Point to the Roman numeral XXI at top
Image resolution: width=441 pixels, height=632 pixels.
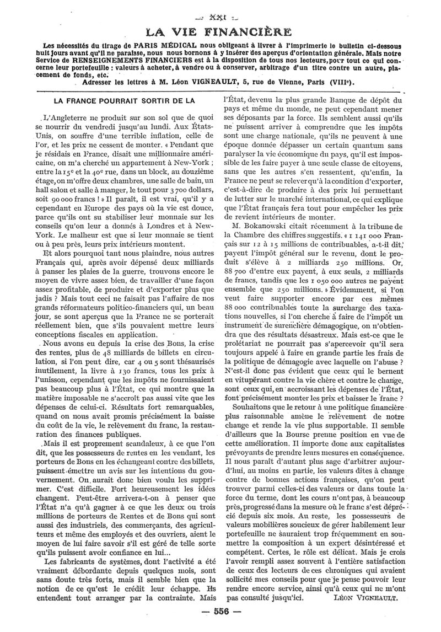click(x=220, y=12)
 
